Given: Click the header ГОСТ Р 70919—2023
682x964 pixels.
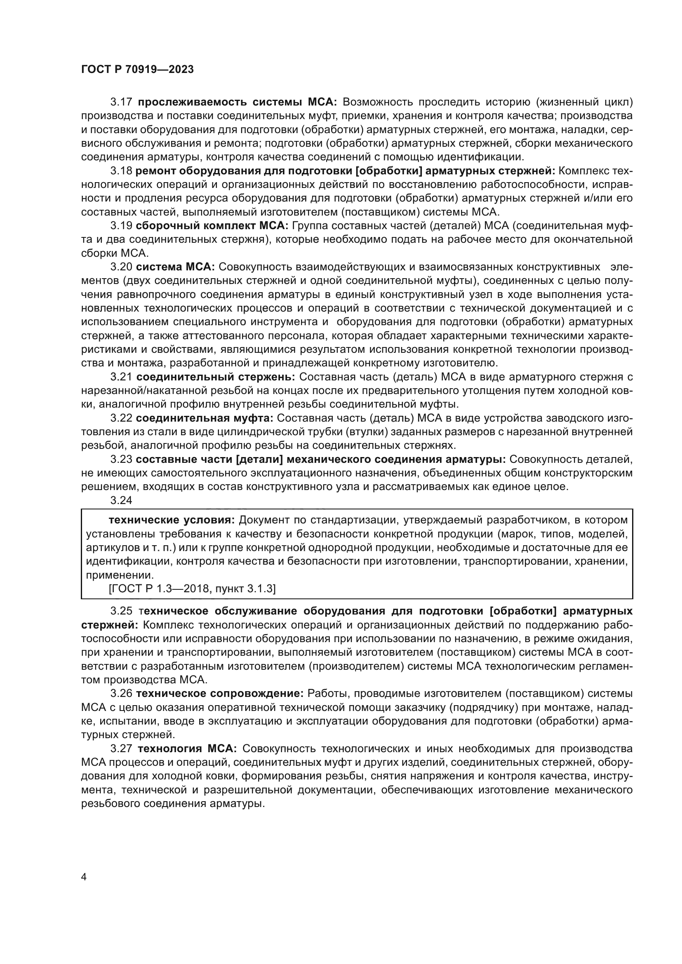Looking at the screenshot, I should tap(137, 70).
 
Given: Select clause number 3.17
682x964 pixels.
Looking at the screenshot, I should tap(121, 102).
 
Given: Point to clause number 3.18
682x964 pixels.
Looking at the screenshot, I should tap(121, 171).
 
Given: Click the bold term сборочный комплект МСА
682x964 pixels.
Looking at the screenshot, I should tap(212, 226).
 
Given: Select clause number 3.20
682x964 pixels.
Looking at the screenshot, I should tap(121, 267).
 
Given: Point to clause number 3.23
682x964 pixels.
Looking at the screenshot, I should tap(121, 460).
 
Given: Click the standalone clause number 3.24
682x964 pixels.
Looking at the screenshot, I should tap(121, 500).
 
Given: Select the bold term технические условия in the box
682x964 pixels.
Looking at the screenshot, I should tap(172, 520).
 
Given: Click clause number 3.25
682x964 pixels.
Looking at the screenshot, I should tap(121, 611).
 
